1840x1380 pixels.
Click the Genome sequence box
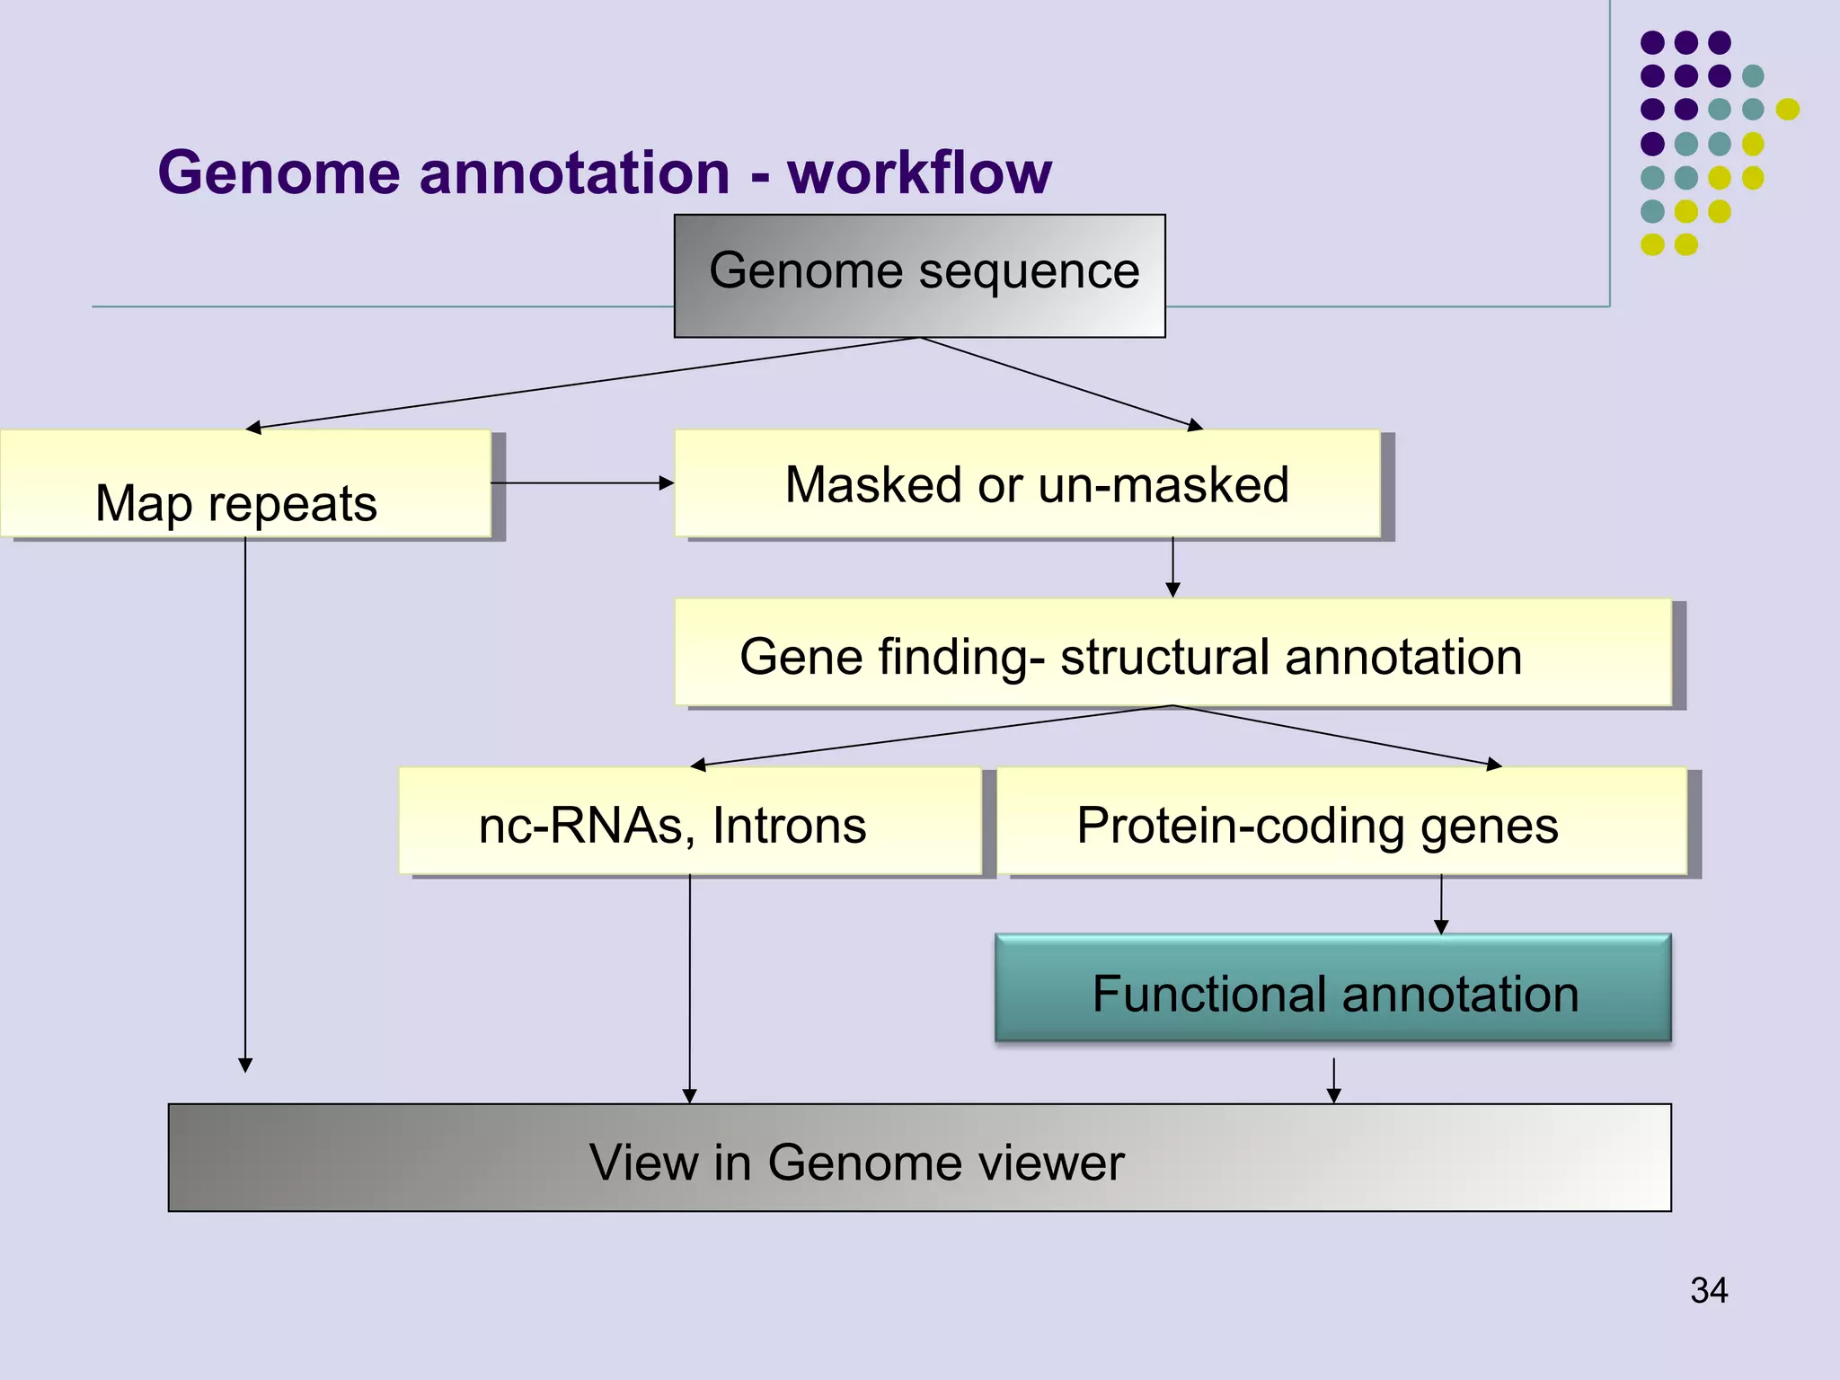coord(919,275)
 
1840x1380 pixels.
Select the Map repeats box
coord(244,485)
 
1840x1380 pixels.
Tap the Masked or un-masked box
coord(1027,484)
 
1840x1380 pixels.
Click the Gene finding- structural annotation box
coord(1172,653)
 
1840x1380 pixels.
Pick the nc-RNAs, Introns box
coord(690,822)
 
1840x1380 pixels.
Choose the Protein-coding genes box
coord(1341,822)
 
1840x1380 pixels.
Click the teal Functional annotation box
coord(1333,988)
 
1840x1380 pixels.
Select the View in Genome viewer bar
coord(919,1158)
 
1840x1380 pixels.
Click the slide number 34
coord(1708,1291)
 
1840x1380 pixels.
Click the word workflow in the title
coord(919,172)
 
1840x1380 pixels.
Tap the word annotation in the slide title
coord(575,172)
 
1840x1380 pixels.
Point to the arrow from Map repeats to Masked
coord(582,483)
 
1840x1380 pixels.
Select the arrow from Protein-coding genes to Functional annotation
coord(1441,905)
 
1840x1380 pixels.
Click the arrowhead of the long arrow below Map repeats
coord(245,1066)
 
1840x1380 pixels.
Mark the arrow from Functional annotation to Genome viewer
coord(1334,1081)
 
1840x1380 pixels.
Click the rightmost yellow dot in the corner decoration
coord(1788,110)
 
